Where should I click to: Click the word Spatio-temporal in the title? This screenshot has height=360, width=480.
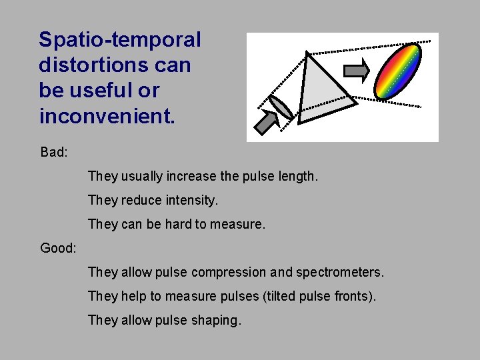(119, 40)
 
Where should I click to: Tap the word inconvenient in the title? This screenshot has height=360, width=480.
(107, 116)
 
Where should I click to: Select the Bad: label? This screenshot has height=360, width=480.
(54, 153)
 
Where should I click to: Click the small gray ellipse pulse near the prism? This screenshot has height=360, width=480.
(281, 106)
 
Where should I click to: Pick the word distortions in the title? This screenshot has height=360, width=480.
(93, 65)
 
